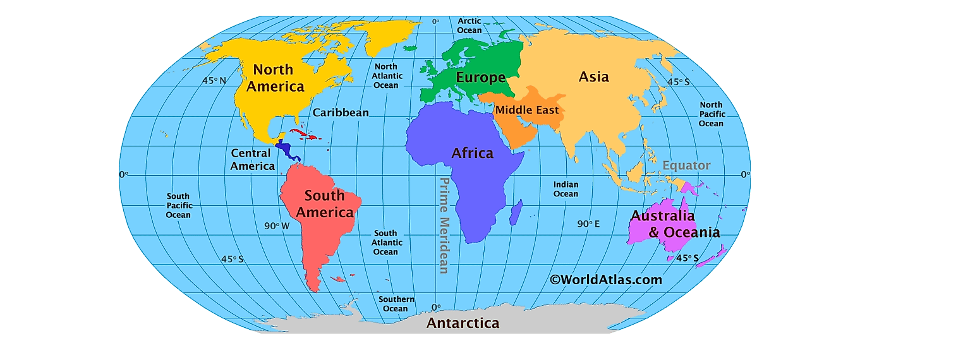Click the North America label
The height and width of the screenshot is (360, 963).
point(275,78)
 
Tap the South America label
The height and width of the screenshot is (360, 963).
point(325,204)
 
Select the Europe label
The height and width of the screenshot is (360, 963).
point(481,78)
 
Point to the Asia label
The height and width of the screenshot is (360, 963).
point(594,77)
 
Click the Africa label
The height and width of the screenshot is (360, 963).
point(472,153)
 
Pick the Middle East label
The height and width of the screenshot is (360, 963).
point(527,110)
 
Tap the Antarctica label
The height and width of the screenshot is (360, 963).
point(463,323)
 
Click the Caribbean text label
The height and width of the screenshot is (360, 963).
point(341,112)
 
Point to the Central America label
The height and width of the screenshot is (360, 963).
point(252,160)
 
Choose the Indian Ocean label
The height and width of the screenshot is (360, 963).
point(566,189)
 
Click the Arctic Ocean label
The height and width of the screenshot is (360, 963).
point(469,26)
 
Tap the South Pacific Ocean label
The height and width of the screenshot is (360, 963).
point(178,206)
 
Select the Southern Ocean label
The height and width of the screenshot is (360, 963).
point(396,304)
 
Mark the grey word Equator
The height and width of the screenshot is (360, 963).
point(686,165)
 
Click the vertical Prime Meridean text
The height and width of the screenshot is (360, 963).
point(444,225)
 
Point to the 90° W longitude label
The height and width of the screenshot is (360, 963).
point(277,225)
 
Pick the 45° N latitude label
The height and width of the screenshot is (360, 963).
point(214,80)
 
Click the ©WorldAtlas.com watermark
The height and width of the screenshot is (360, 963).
point(605,279)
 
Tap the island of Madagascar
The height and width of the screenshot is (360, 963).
point(516,212)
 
